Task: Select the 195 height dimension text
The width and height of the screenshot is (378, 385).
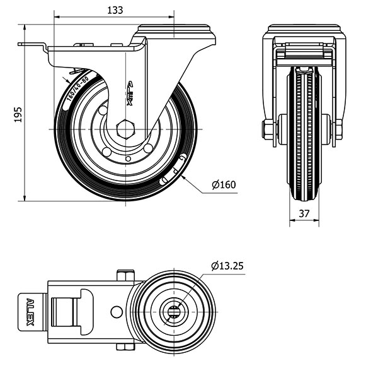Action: (x=18, y=114)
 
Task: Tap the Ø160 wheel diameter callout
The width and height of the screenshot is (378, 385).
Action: (x=224, y=185)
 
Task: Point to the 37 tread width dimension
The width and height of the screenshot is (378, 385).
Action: (x=304, y=214)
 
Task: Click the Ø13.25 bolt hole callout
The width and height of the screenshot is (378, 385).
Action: (x=227, y=266)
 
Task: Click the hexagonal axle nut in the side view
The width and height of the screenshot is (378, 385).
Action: (x=125, y=129)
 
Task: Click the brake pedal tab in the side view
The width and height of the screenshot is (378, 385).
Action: (x=31, y=45)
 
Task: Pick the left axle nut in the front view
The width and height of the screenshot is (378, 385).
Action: (x=268, y=129)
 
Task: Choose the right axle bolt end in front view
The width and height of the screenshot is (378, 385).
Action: (x=339, y=129)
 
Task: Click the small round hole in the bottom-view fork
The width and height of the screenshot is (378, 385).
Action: (x=116, y=311)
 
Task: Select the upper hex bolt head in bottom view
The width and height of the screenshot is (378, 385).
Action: (x=125, y=276)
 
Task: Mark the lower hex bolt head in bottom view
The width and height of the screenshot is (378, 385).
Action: (x=125, y=346)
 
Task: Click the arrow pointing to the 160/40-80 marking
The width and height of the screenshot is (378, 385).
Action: (x=67, y=81)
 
